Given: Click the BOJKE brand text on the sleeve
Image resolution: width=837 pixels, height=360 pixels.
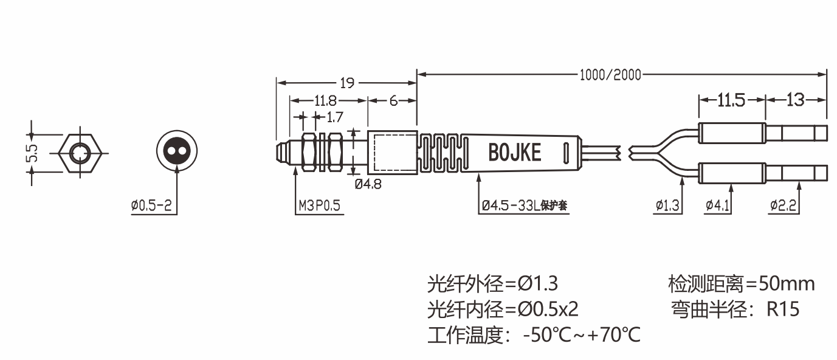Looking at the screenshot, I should [514, 152].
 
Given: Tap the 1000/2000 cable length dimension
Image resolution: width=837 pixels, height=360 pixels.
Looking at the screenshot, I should [610, 75].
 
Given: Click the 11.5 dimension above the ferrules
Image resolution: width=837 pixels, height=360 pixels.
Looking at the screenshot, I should [731, 100].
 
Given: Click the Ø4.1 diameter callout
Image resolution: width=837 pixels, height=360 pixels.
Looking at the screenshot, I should [718, 206].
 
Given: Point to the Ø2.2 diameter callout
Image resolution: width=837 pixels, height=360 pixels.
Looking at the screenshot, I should [784, 206].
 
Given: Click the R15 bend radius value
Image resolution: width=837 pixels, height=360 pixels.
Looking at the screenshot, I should [783, 310].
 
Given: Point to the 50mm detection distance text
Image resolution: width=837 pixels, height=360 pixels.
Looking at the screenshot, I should [788, 283].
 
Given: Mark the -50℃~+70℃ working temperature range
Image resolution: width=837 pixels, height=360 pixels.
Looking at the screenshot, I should [582, 335].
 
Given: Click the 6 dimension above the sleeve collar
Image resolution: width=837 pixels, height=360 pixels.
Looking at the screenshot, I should [393, 100].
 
